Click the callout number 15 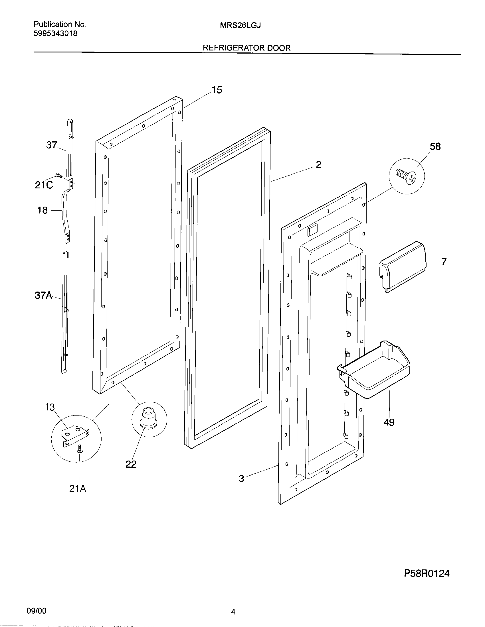[217, 90]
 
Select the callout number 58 [435, 147]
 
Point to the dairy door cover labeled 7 [402, 266]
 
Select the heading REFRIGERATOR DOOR [246, 48]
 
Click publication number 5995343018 [55, 34]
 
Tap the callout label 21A [78, 488]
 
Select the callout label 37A [43, 295]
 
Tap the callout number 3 [241, 479]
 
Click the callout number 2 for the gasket [318, 165]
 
